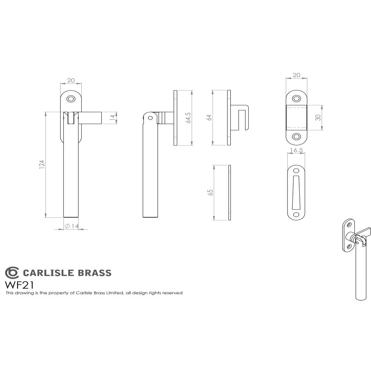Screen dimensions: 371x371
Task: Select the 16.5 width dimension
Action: click(x=296, y=150)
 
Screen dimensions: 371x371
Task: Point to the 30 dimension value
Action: click(x=318, y=117)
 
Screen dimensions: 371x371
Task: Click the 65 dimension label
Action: click(x=210, y=193)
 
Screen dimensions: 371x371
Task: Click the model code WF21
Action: click(x=19, y=285)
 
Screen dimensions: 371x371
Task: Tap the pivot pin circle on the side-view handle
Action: click(x=150, y=118)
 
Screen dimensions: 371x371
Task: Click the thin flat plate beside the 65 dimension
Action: click(x=230, y=193)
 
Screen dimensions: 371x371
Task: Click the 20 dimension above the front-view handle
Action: click(x=70, y=81)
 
